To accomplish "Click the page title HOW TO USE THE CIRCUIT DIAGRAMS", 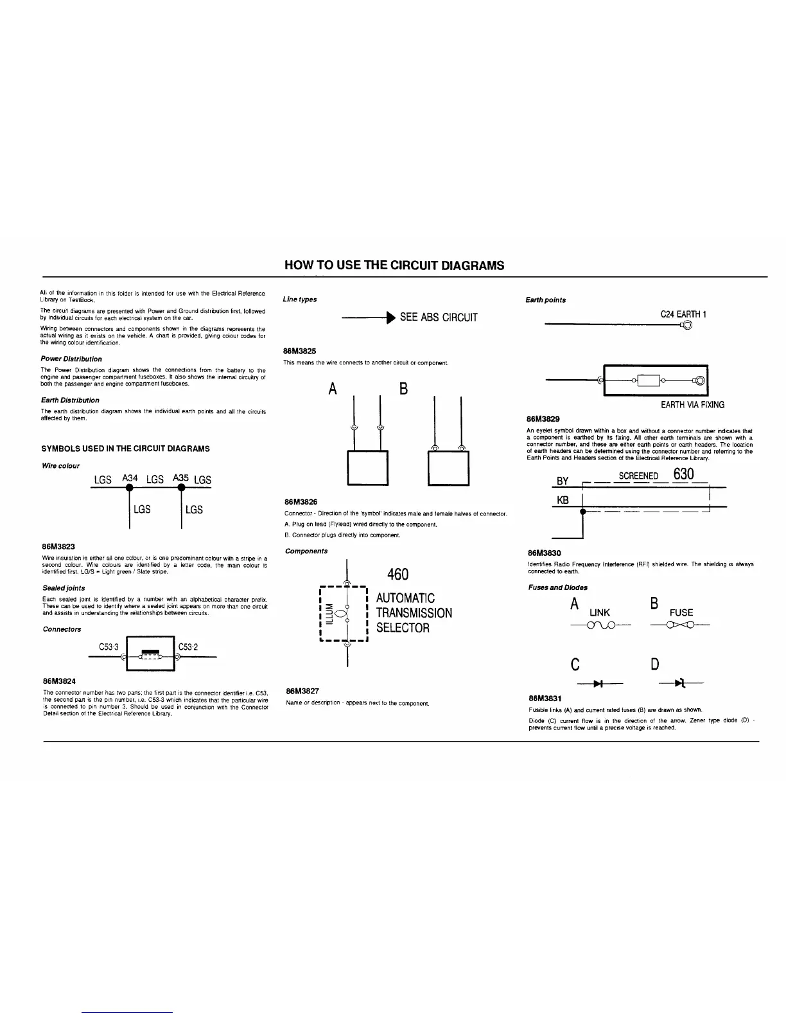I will (394, 265).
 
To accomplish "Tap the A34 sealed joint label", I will (130, 478).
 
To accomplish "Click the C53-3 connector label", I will (109, 647).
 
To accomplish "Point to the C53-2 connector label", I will (188, 647).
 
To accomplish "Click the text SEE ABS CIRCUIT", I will (439, 317).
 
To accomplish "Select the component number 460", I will (397, 574).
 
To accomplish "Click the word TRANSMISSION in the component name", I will (414, 613).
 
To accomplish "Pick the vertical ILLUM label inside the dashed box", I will (330, 613).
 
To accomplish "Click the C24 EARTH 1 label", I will (683, 315).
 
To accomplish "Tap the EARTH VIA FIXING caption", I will (692, 405).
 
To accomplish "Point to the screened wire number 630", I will (684, 474).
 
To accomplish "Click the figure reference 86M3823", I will (58, 546).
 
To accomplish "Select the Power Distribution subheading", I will (71, 359).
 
